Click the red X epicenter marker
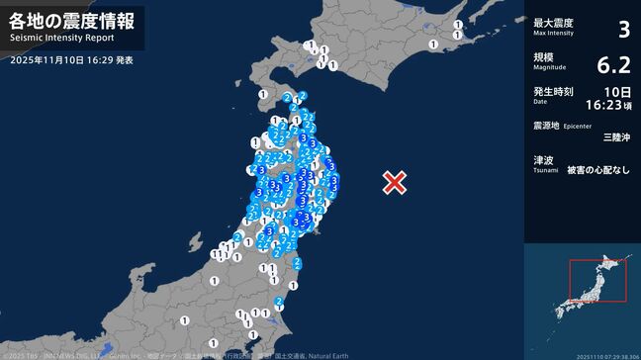395,182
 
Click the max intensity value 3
623,29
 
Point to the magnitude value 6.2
613,65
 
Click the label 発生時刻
554,91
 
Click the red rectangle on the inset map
597,280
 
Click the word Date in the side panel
540,101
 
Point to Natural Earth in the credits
327,355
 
